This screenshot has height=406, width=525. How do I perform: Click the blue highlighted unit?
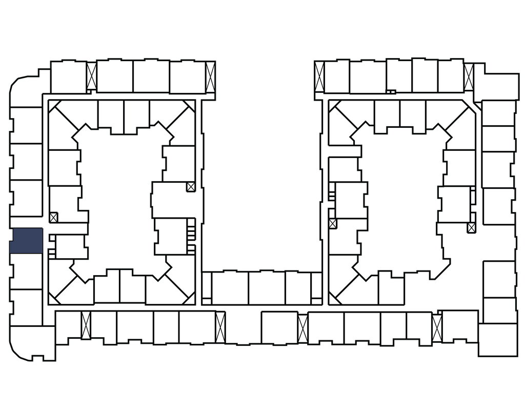click(26, 241)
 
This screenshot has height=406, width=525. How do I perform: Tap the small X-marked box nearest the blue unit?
click(54, 217)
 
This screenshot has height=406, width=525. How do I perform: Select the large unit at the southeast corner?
click(498, 339)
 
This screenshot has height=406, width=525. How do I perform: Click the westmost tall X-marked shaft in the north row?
click(92, 76)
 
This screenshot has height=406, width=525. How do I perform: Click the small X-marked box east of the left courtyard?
click(191, 187)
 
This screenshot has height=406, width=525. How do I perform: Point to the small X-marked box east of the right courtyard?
click(472, 227)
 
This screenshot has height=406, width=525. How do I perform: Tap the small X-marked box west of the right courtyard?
click(333, 224)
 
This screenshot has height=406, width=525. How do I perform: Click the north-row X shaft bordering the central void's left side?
click(210, 76)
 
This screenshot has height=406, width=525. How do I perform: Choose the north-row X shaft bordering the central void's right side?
click(319, 77)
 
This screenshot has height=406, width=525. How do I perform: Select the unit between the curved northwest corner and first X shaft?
click(68, 77)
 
